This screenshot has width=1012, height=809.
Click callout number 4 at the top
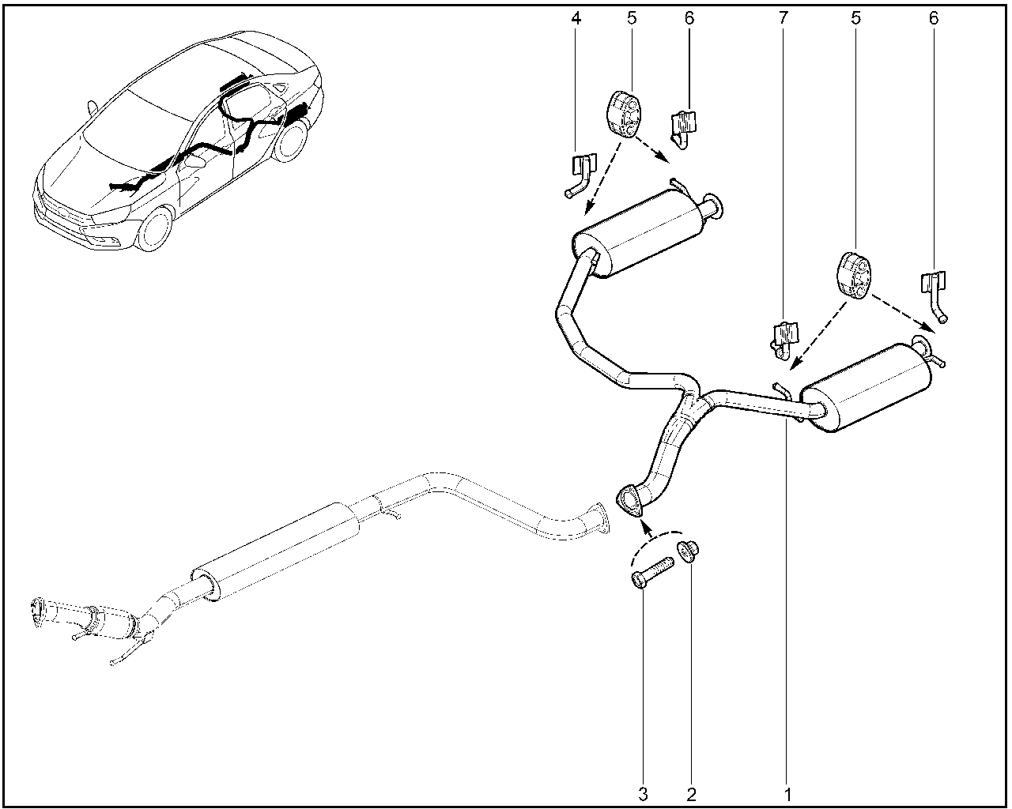click(x=576, y=18)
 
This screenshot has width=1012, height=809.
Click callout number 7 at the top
click(x=783, y=18)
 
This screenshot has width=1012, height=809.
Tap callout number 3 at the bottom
click(x=643, y=794)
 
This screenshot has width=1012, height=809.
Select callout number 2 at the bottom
click(x=691, y=794)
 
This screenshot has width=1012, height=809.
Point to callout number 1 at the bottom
click(x=788, y=794)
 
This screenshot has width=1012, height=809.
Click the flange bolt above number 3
click(x=651, y=572)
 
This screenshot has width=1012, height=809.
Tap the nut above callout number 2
click(x=688, y=551)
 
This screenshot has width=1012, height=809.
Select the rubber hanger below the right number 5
click(x=855, y=275)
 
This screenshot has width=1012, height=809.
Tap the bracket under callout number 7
click(x=784, y=340)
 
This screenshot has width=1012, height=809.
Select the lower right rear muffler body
click(x=867, y=388)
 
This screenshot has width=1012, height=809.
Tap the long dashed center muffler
click(x=277, y=551)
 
